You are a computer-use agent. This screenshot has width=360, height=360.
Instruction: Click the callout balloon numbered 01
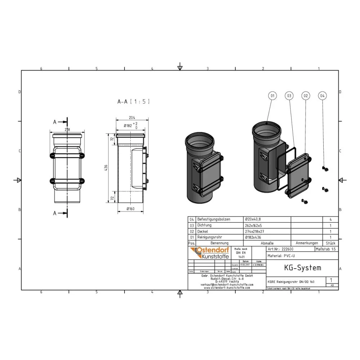(273, 96)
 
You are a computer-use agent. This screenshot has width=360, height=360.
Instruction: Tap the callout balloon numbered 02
(306, 96)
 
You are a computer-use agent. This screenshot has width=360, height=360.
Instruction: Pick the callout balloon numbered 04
(323, 96)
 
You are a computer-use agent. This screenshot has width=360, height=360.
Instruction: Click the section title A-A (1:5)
(134, 102)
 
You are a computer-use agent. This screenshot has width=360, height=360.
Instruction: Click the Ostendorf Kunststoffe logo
(209, 253)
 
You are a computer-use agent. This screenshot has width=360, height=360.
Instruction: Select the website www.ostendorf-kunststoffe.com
(226, 288)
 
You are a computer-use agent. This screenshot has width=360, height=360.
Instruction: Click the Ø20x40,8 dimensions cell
(253, 219)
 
